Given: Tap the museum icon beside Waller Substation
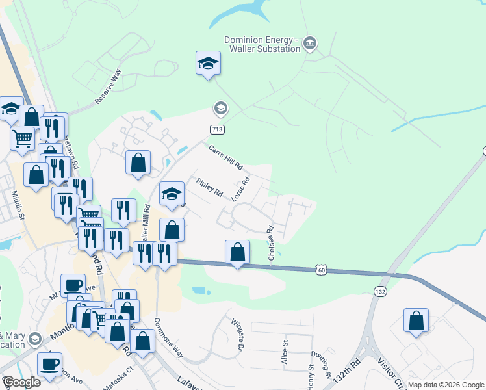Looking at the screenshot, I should pos(310,43).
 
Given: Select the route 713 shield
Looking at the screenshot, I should pos(218,129).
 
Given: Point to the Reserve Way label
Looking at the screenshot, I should pos(108,87).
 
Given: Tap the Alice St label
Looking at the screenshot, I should pos(285,355).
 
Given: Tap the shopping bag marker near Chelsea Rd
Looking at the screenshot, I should pos(238,252).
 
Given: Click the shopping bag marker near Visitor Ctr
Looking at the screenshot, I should pos(416,320).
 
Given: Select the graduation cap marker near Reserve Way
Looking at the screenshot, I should pos(208,63).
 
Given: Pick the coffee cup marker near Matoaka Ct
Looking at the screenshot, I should pos(49,363).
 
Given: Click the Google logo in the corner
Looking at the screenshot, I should pos(21,382).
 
